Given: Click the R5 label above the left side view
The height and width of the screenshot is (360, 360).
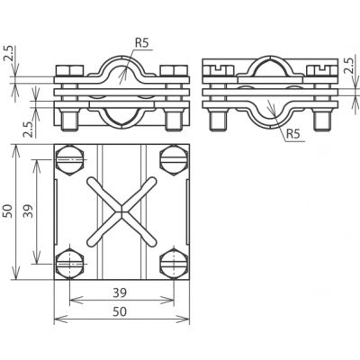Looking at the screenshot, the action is [141, 43].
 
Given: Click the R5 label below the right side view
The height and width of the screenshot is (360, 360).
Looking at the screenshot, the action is [293, 134].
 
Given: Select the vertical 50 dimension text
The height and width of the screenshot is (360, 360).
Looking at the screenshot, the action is [7, 211].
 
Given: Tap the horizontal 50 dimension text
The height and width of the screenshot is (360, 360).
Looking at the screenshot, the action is [120, 311].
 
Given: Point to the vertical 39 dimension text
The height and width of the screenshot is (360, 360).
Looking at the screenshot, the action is [29, 211].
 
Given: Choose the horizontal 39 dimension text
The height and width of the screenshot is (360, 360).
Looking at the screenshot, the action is [120, 292].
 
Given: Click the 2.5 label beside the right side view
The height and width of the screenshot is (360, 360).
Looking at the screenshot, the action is [350, 66].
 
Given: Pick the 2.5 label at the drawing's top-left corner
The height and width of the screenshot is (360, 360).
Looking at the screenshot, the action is [7, 54].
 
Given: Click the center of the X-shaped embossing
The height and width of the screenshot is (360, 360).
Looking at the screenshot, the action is [121, 211].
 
